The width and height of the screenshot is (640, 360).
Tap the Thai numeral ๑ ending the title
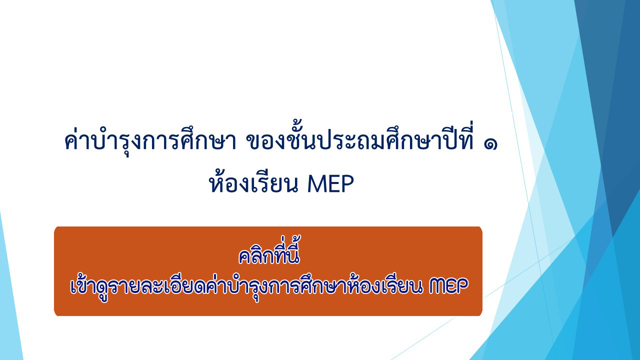click(x=490, y=144)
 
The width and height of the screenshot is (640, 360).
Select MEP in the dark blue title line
click(x=330, y=184)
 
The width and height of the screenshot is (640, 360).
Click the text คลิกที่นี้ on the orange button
click(x=269, y=251)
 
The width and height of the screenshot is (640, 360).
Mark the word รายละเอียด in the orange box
click(x=156, y=285)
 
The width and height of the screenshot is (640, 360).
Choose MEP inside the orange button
click(x=448, y=286)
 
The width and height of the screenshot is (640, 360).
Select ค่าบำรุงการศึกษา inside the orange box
click(x=275, y=285)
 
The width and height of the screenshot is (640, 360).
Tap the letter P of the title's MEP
click(x=347, y=184)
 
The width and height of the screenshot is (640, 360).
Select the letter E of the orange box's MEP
click(x=451, y=286)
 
